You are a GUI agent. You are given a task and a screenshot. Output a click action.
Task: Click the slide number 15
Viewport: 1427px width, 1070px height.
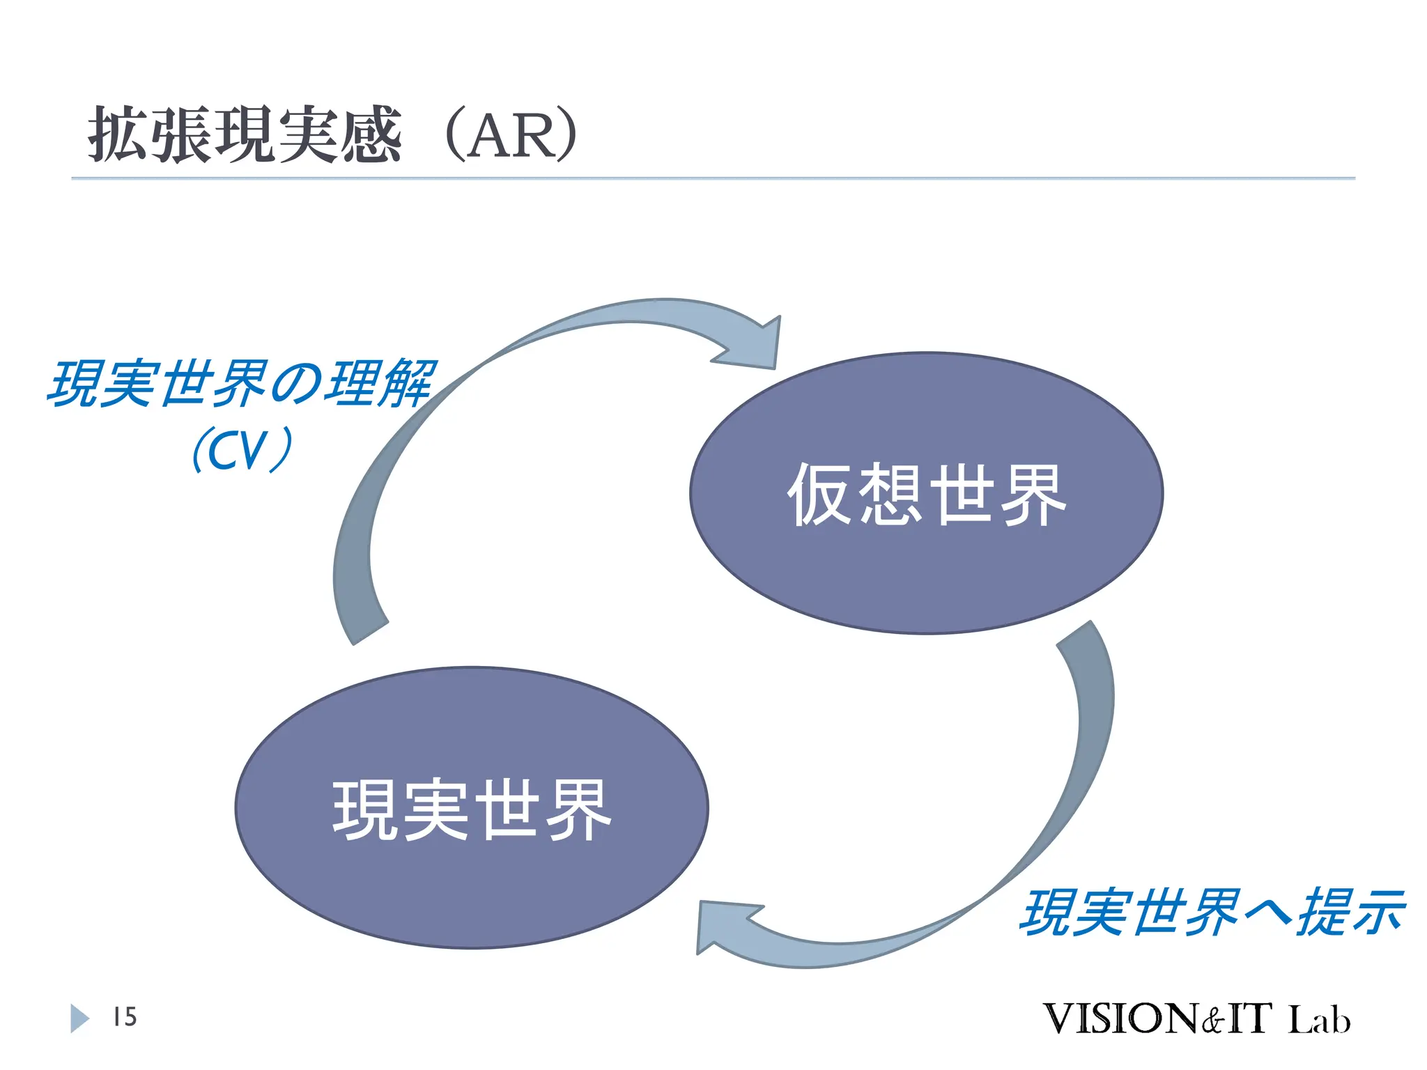pos(125,1017)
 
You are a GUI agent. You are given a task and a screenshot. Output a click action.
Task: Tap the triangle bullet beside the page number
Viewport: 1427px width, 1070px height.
pos(79,1018)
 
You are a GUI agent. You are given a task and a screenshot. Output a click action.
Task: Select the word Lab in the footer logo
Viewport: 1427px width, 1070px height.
pos(1318,1020)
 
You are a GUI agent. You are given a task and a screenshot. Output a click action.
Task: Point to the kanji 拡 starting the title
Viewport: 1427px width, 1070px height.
pos(117,135)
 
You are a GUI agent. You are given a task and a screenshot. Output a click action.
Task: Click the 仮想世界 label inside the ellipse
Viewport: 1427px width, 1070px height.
pos(926,494)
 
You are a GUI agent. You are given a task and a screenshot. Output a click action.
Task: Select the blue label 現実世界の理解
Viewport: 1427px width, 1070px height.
pos(241,383)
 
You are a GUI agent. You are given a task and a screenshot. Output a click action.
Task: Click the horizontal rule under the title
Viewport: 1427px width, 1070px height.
pos(713,178)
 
